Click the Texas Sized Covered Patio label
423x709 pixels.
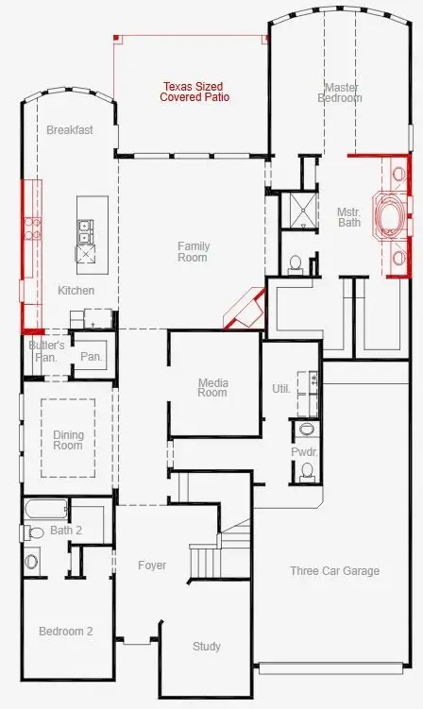coord(195,92)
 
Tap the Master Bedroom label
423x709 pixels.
coord(339,93)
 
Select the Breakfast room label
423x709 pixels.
coord(70,130)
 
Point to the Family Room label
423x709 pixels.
coord(193,251)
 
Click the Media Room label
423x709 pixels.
coord(212,387)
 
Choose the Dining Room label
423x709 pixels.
coord(68,440)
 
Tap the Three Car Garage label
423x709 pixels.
coord(334,570)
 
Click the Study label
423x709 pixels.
coord(207,647)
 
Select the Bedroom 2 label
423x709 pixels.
coord(65,632)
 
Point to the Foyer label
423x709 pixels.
coord(152,566)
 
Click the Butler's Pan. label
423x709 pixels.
coord(46,351)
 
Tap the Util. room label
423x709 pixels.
coord(280,388)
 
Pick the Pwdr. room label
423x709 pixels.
coord(304,452)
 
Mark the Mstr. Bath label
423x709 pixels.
coord(349,217)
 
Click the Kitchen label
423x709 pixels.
coord(76,290)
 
